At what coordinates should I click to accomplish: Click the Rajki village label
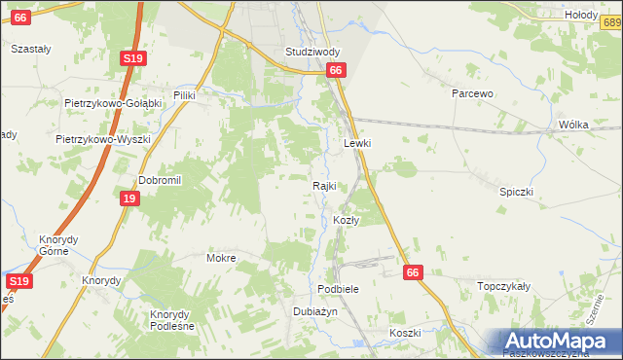324,186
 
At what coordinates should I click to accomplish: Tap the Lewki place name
358,143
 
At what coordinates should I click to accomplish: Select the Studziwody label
312,52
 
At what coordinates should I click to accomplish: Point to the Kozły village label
347,221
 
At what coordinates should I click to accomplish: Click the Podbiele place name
339,290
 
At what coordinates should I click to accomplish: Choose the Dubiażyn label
314,311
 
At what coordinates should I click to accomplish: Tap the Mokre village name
221,259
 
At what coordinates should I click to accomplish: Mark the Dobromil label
161,180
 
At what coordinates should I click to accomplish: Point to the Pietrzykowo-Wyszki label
103,139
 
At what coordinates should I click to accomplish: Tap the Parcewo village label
474,93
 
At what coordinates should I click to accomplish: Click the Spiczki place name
518,193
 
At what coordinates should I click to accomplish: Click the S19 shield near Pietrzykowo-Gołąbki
133,59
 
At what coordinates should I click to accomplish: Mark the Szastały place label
30,48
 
